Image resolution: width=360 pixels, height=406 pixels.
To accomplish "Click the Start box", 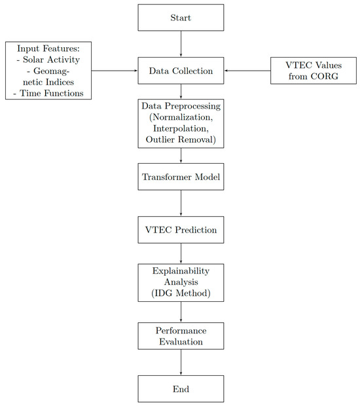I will pyautogui.click(x=181, y=18).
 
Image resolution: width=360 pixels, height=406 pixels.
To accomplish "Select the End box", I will pyautogui.click(x=181, y=388).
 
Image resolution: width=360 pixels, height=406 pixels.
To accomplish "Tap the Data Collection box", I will pyautogui.click(x=181, y=71).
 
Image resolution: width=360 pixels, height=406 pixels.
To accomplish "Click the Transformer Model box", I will pyautogui.click(x=181, y=177).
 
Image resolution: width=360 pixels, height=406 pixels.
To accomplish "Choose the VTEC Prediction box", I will pyautogui.click(x=181, y=230).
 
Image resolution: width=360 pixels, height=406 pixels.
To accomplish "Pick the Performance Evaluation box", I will pyautogui.click(x=181, y=335).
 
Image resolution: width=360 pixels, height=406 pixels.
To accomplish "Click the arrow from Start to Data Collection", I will pyautogui.click(x=181, y=44).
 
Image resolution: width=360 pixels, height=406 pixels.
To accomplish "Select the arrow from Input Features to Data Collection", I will pyautogui.click(x=115, y=71).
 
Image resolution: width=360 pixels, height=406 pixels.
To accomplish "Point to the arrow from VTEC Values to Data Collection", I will pyautogui.click(x=247, y=71).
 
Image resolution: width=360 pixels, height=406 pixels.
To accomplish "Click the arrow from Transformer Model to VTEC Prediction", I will pyautogui.click(x=181, y=204).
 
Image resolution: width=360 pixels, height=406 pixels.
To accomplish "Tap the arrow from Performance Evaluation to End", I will pyautogui.click(x=181, y=362).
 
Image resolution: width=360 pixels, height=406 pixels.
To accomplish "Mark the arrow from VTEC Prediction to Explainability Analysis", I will pyautogui.click(x=181, y=253).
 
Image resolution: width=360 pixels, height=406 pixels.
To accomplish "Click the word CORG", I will pyautogui.click(x=325, y=77).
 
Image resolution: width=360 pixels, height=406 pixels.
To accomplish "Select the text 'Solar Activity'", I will pyautogui.click(x=50, y=60).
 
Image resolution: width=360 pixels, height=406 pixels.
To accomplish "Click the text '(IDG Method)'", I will pyautogui.click(x=181, y=293).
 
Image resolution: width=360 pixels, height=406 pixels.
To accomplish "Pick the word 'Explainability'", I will pyautogui.click(x=181, y=270).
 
